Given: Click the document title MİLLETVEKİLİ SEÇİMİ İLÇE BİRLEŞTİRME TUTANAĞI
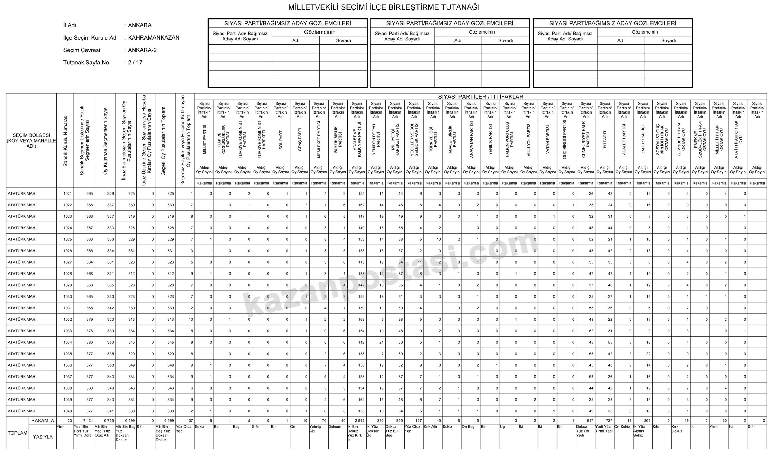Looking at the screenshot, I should [384, 7].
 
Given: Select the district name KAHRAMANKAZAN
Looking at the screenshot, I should [154, 38].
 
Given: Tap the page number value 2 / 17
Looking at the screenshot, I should [135, 63].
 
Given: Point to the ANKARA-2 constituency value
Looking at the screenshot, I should [142, 50].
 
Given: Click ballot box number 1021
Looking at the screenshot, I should [67, 194].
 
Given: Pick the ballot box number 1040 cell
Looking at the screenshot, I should [67, 411].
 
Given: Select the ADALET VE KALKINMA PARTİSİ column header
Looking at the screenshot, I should [357, 140].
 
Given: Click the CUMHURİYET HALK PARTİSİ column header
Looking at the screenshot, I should [585, 140].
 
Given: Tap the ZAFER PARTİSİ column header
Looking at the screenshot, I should [643, 140].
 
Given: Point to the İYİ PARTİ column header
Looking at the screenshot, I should [605, 140].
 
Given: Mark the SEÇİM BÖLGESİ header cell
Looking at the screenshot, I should [31, 140].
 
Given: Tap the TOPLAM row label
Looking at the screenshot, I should [18, 433].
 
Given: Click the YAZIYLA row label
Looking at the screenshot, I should [43, 437].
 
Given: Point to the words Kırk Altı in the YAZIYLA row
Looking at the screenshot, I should [430, 427].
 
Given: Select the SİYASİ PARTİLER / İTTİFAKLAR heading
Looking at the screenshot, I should [480, 97].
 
